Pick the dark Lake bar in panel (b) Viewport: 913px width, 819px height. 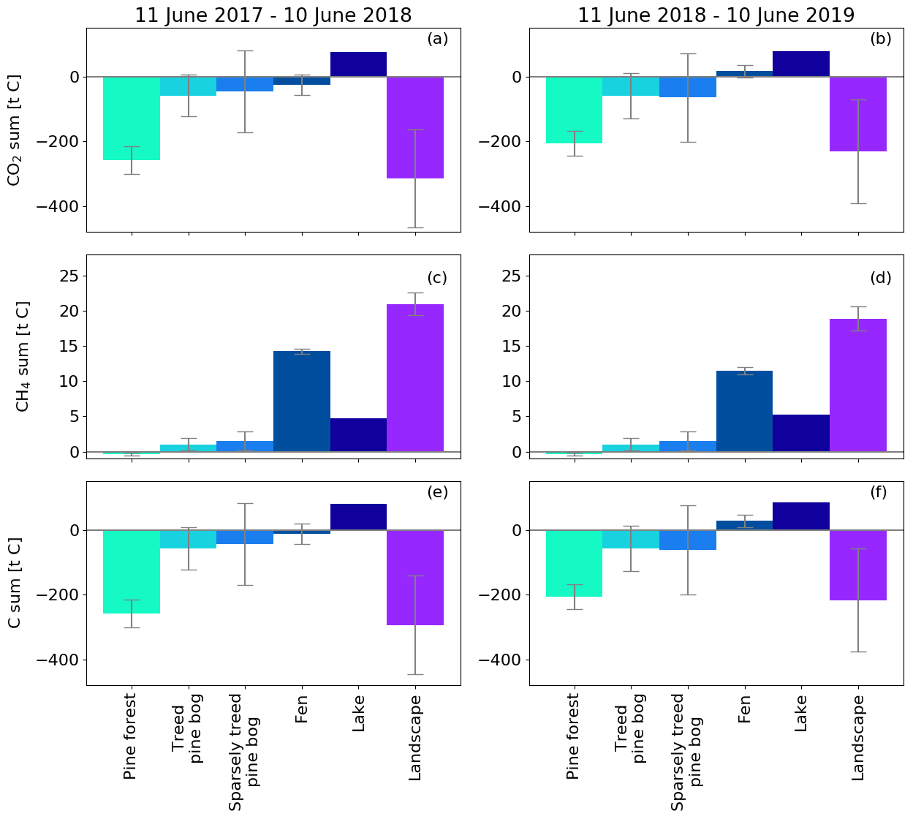point(801,64)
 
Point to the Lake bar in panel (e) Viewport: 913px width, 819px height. point(358,517)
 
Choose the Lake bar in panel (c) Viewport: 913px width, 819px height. point(358,434)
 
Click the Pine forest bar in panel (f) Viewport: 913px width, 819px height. point(575,563)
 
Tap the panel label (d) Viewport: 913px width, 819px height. point(881,278)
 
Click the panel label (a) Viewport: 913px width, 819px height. point(437,39)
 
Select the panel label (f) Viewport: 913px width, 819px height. point(878,492)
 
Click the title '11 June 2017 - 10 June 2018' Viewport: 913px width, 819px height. point(273,15)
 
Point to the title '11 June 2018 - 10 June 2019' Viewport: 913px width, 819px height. point(716,15)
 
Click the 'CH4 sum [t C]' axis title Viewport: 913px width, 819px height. point(23,356)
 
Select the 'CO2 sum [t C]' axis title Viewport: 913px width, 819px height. point(15,129)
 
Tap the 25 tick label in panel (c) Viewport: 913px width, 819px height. point(69,276)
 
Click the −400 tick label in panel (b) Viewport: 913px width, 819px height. point(500,206)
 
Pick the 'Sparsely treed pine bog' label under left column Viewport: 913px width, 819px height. point(245,752)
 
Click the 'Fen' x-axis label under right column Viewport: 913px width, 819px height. point(744,709)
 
